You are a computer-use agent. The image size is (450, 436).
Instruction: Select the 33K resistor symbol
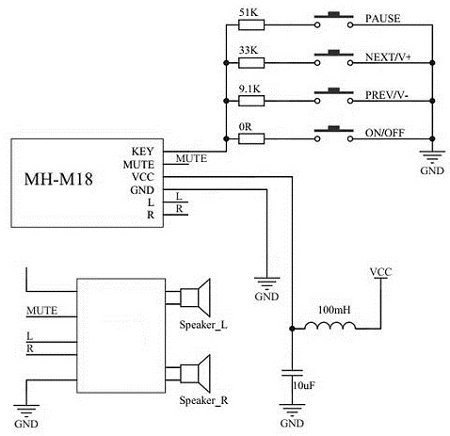(252, 63)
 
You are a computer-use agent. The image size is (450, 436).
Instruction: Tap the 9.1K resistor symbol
(252, 102)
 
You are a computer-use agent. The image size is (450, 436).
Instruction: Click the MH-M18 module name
(57, 179)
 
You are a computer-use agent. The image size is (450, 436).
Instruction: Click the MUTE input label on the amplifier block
(41, 310)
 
